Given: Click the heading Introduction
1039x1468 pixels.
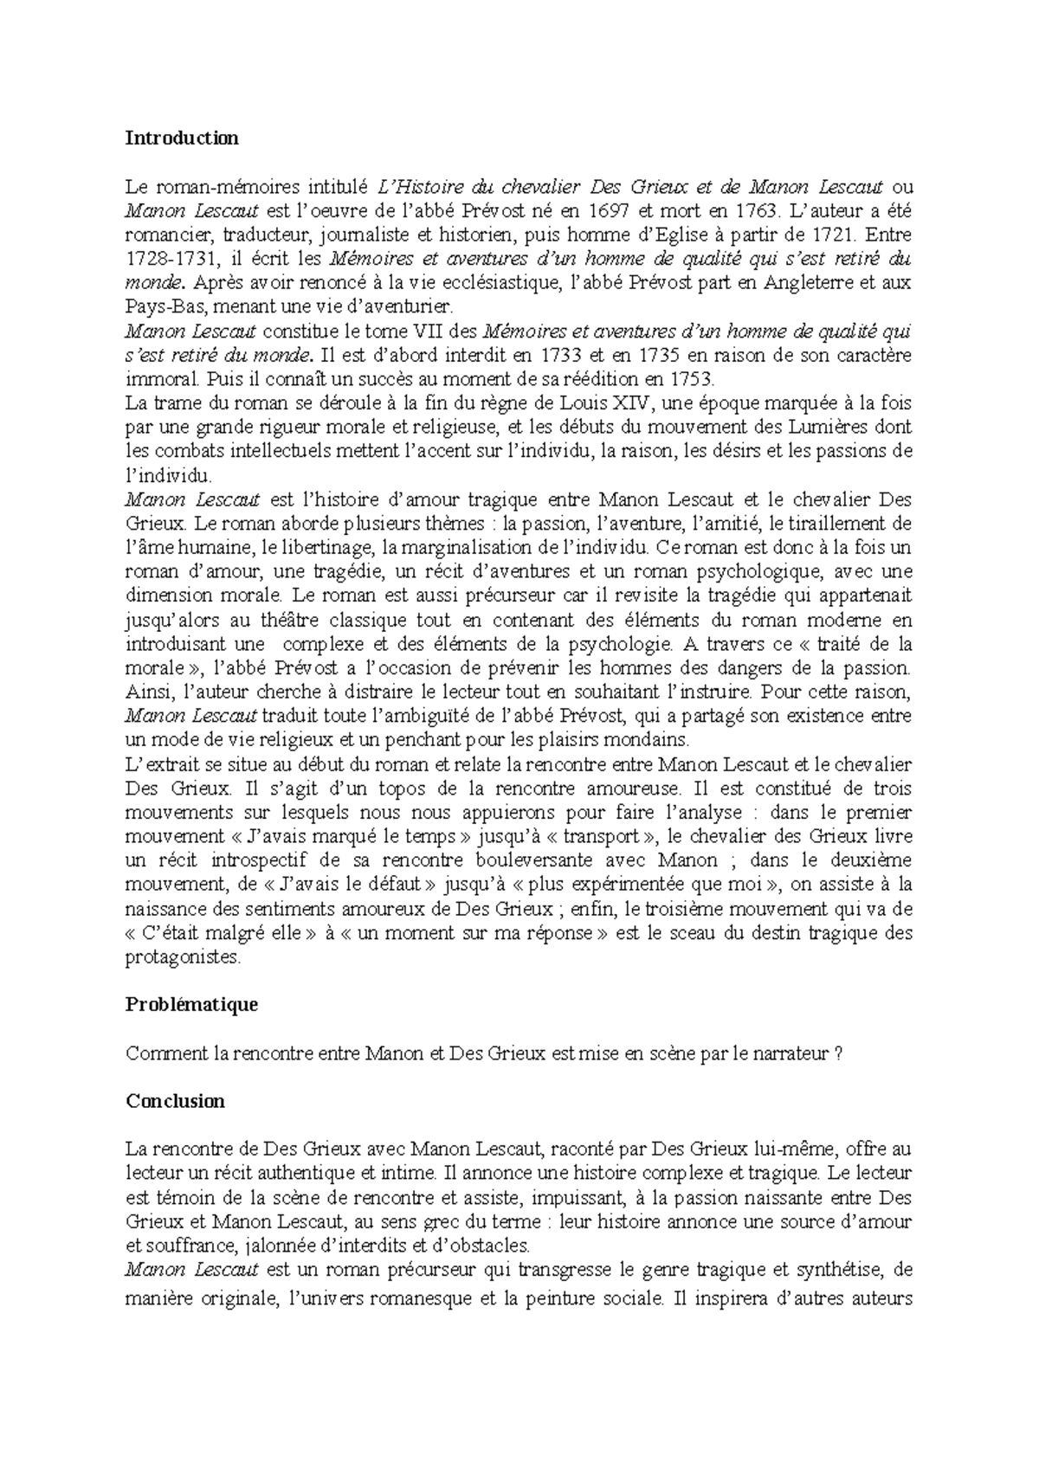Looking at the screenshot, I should click(x=182, y=138).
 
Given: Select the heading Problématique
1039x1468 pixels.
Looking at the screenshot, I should click(x=192, y=1004).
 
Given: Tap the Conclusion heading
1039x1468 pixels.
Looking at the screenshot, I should click(x=175, y=1101).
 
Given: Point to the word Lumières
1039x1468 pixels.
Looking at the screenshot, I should click(x=829, y=428).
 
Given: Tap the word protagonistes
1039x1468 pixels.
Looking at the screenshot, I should click(x=182, y=957).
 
